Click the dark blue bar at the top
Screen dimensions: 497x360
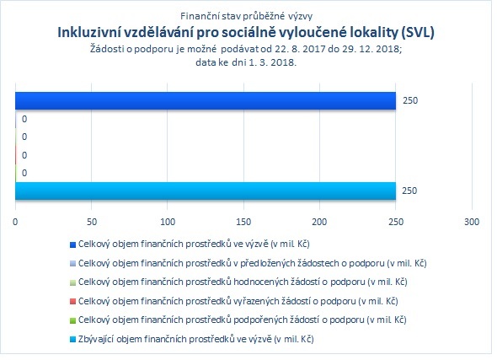[206, 101]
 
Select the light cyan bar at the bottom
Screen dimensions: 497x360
[206, 191]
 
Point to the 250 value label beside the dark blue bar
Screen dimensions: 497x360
[410, 100]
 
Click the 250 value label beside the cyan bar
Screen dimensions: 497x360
[409, 191]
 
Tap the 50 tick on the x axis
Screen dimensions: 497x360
[92, 222]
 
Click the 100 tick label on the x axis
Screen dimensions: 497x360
[168, 222]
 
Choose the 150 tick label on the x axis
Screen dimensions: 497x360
[243, 222]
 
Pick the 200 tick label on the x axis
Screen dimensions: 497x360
[319, 222]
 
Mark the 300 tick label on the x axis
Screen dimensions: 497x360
[472, 222]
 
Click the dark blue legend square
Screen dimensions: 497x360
[72, 244]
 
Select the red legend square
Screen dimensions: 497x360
[72, 301]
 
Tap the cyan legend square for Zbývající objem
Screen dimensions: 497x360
[72, 340]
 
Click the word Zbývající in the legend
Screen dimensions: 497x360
[96, 340]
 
